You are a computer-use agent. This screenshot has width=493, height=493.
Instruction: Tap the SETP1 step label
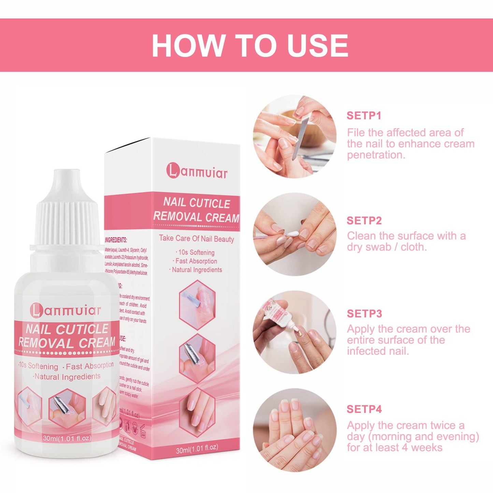click(364, 116)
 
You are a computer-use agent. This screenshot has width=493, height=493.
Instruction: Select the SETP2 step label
click(364, 221)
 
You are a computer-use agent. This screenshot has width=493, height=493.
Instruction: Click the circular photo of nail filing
click(295, 136)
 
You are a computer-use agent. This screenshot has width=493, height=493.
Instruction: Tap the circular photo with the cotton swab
click(295, 234)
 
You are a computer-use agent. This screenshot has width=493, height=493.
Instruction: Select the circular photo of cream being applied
click(295, 332)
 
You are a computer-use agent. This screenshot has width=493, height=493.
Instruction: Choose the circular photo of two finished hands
click(295, 430)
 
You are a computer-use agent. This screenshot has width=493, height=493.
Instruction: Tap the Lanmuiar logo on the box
click(197, 171)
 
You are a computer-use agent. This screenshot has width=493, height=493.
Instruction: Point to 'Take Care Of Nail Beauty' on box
click(197, 238)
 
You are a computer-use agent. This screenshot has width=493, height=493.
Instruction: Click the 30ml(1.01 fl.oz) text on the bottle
click(67, 438)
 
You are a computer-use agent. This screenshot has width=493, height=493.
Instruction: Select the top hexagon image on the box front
click(197, 305)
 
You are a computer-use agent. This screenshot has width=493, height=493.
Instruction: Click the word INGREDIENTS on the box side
click(116, 240)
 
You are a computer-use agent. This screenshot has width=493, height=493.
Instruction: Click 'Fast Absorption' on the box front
click(196, 261)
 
